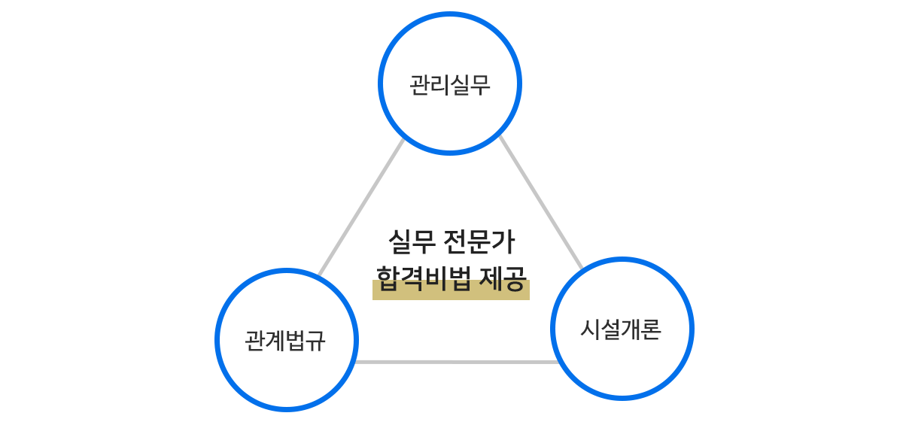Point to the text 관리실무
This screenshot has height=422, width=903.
(450, 84)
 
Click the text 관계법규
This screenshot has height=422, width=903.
(285, 341)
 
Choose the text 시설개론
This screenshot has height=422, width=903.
(621, 329)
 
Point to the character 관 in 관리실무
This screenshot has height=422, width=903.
(419, 84)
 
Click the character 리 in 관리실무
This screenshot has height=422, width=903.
(439, 84)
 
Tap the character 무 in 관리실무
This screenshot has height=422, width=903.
(481, 84)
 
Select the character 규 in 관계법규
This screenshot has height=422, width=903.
(316, 341)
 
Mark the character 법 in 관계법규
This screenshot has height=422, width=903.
(296, 341)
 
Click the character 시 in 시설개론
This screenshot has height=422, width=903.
(590, 329)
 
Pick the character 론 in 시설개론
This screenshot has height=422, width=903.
(652, 329)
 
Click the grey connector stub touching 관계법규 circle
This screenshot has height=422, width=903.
(322, 270)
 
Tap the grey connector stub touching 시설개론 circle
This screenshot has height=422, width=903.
(577, 262)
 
